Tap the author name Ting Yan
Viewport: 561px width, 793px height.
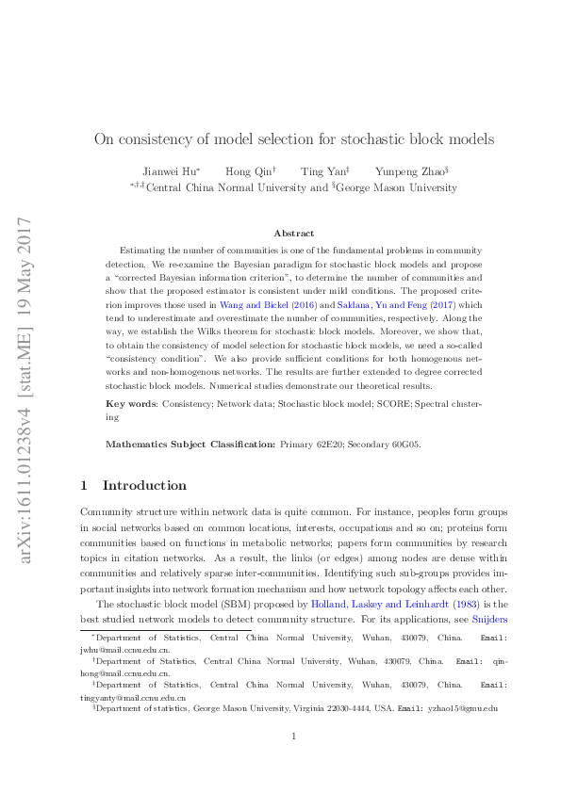[323, 170]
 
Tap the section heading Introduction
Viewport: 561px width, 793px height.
[144, 485]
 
